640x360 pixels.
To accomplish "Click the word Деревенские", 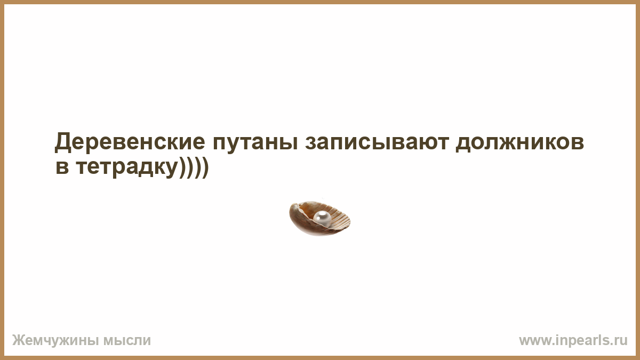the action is point(130,142).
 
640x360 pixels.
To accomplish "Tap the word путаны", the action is point(255,143).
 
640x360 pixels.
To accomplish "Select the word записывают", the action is point(377,143).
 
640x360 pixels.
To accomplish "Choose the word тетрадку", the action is point(127,168).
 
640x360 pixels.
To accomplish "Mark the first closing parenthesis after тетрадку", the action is point(182,167).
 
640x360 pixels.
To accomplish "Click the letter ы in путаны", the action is point(288,143).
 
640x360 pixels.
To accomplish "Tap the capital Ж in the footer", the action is point(18,340).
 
